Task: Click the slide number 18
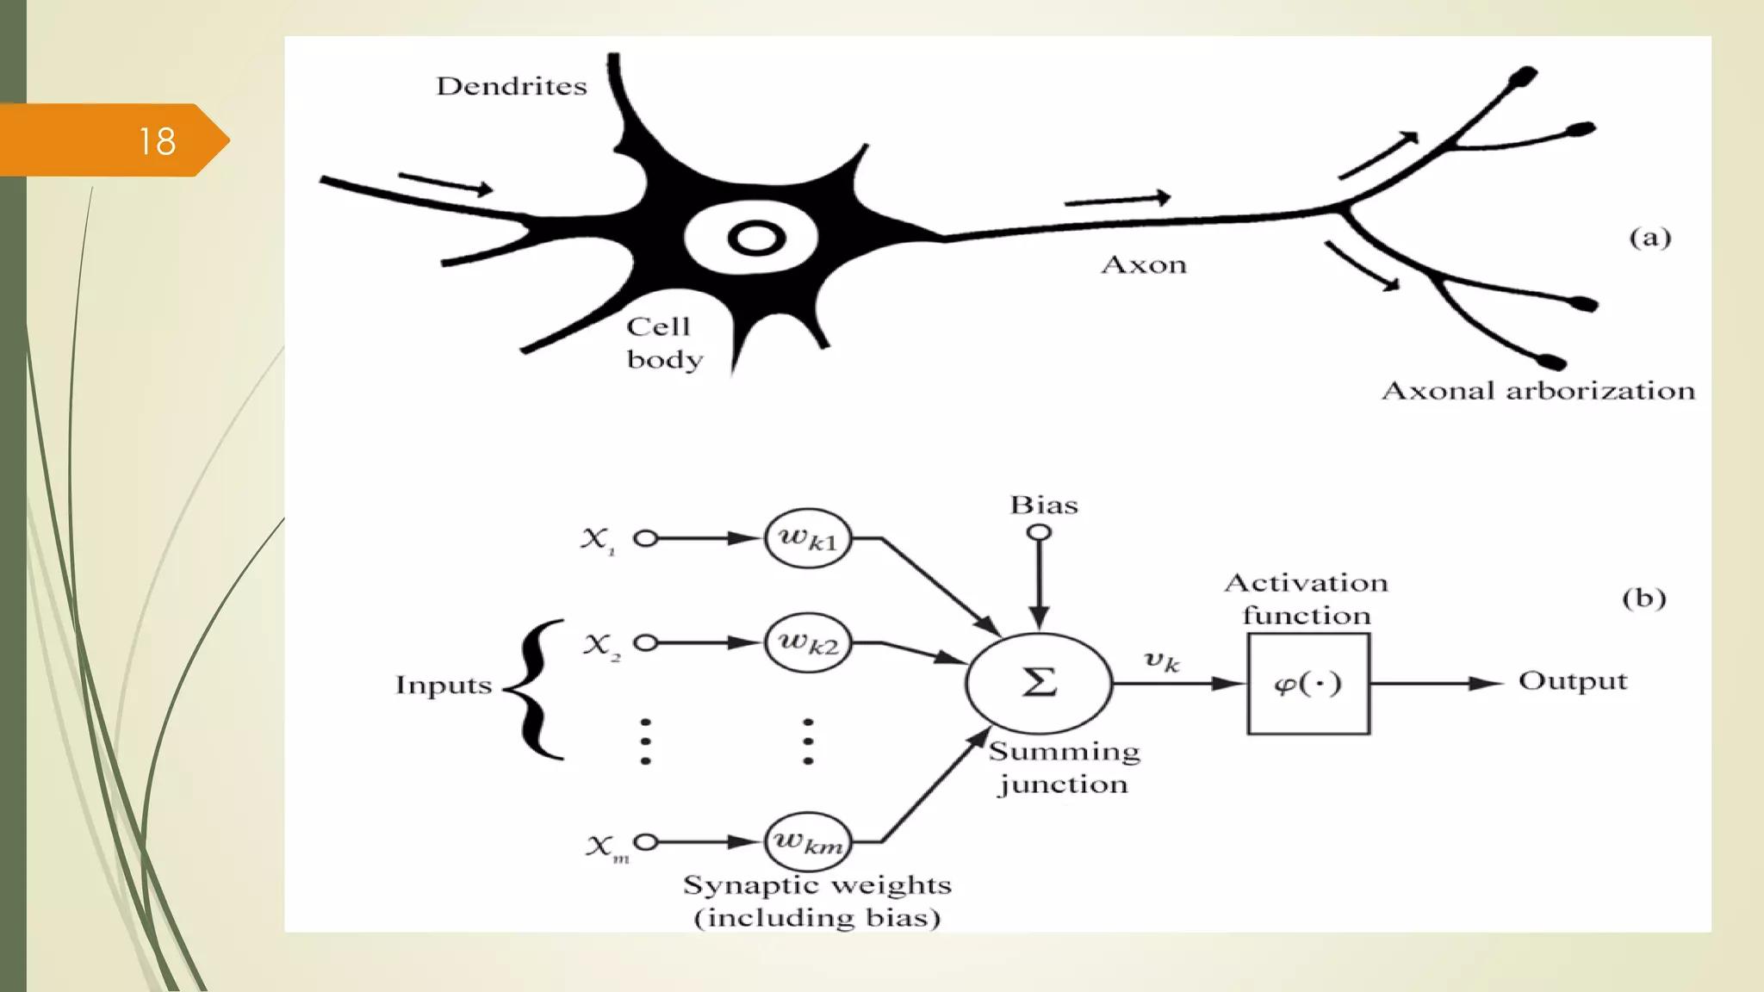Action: click(157, 141)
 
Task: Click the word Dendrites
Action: click(511, 86)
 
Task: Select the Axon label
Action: click(1143, 264)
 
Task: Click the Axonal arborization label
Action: click(1537, 391)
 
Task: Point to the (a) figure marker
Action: click(1649, 237)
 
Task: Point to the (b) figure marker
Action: click(1643, 598)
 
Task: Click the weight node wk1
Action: click(807, 539)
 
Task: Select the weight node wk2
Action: click(807, 642)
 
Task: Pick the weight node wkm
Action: click(807, 841)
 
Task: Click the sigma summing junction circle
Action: click(1039, 683)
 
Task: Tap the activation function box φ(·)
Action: click(1307, 684)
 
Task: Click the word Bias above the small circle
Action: click(1043, 505)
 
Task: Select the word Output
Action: click(1572, 681)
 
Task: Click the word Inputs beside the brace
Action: click(443, 685)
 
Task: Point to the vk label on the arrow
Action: click(1161, 661)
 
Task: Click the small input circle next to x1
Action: click(645, 539)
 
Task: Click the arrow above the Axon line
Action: click(1117, 200)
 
